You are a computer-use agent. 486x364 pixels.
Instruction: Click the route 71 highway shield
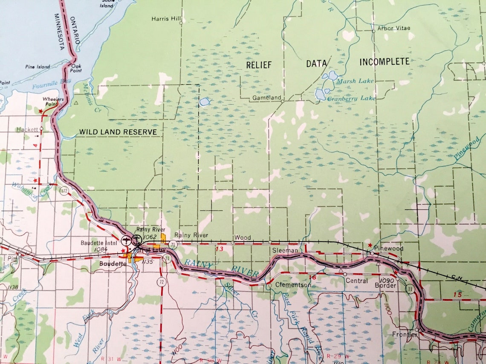tap(172, 244)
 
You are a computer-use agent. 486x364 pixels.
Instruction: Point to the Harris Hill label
tap(166, 19)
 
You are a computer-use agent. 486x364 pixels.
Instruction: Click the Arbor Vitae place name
tap(393, 29)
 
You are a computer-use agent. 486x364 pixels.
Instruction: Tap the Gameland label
tap(266, 98)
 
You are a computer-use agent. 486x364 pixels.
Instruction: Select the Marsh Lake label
tap(354, 81)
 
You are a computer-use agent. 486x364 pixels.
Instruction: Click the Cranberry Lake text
tap(351, 98)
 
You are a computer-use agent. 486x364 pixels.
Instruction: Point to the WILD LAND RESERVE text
tap(118, 132)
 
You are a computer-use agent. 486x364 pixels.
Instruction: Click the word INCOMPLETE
tap(384, 62)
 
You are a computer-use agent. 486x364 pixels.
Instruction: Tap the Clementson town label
tap(293, 285)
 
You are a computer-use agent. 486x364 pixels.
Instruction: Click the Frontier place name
tap(405, 335)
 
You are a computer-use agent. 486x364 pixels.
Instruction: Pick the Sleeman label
tap(285, 251)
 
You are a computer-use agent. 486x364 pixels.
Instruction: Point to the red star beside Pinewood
tap(370, 245)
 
